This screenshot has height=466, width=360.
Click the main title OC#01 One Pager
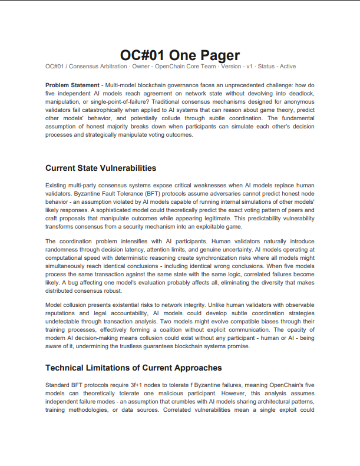point(180,55)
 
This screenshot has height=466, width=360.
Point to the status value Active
point(288,67)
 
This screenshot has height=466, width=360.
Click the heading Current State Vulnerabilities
point(101,168)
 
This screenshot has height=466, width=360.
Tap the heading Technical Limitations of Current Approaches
point(133,368)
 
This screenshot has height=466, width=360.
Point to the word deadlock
point(298,94)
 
